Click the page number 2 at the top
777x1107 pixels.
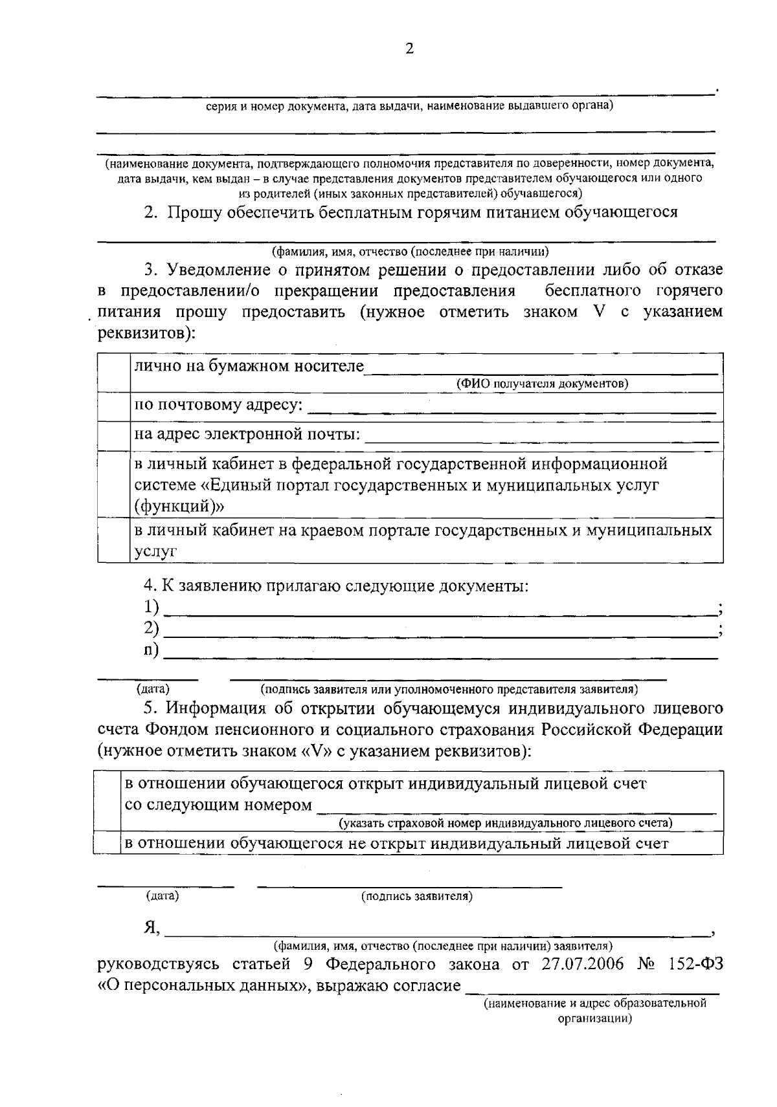(x=409, y=49)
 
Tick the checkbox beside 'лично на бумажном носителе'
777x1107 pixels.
(x=113, y=373)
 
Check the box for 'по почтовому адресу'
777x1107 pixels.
(x=113, y=407)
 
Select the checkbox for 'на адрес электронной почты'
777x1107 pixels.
(x=113, y=435)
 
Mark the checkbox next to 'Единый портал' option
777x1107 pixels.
(x=113, y=484)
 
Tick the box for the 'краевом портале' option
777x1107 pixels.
(x=113, y=540)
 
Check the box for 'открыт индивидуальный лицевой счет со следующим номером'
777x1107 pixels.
(x=107, y=801)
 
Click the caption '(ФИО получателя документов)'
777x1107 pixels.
(x=543, y=384)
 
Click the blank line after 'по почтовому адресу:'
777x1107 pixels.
(x=512, y=409)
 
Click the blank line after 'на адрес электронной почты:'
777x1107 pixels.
(x=541, y=438)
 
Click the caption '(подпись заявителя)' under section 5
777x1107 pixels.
(x=417, y=896)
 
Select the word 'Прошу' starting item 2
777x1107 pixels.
(x=194, y=212)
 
